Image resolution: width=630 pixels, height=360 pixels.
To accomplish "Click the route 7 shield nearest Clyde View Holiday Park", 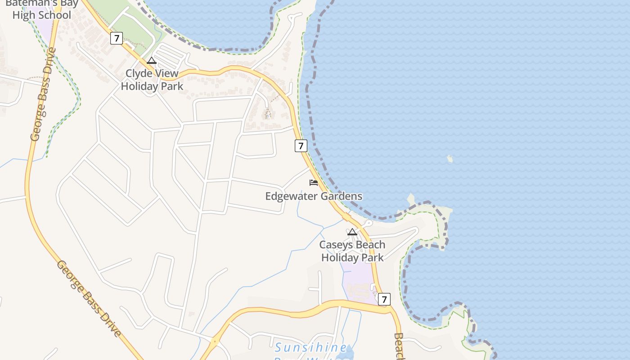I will point(117,38).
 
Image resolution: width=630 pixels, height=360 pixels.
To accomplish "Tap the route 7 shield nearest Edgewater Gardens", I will point(301,145).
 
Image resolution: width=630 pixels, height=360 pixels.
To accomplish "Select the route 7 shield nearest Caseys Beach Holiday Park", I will point(384,299).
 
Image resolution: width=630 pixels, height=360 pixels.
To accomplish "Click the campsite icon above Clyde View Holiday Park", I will point(152,61).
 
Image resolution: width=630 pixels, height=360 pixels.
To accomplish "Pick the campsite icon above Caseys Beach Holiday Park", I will point(352,232).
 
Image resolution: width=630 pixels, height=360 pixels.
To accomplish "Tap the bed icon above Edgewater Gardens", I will point(314,183).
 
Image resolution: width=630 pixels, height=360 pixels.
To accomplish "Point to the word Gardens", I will point(341,196).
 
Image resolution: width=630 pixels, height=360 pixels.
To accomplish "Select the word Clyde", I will point(139,73).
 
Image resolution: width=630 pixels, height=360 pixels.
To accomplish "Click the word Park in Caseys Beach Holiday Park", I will point(371,257).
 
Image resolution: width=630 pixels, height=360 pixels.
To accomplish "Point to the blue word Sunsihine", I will point(311,347).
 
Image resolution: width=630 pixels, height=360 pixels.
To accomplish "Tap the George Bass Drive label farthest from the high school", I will point(89,298).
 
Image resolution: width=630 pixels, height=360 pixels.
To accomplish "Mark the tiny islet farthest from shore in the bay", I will point(450,158).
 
